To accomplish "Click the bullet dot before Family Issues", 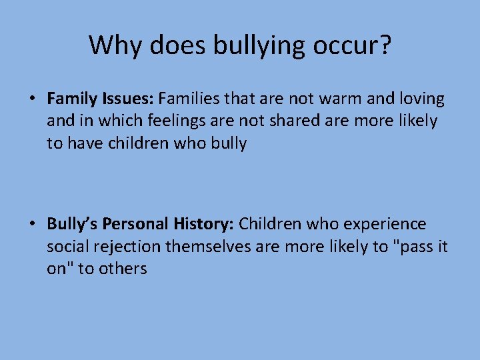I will (x=32, y=99).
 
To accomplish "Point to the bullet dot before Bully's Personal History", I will (x=32, y=224).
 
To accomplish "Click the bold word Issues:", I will (x=128, y=99).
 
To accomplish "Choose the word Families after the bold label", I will (x=191, y=99).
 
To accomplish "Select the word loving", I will (x=418, y=99).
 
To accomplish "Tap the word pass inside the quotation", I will (x=417, y=247).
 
